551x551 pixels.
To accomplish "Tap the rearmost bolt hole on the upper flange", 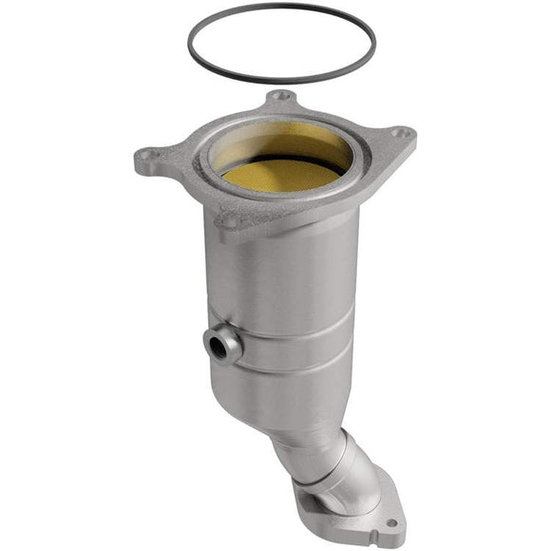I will click(279, 97).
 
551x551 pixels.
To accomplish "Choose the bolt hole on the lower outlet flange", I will click(389, 522).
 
